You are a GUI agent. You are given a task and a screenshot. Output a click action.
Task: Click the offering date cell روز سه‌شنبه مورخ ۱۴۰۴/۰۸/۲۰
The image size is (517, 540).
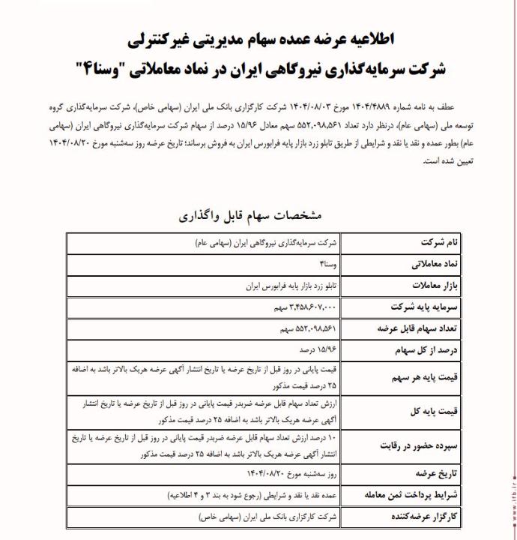291,475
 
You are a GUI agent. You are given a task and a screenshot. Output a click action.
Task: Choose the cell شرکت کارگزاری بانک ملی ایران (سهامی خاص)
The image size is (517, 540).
270,517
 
